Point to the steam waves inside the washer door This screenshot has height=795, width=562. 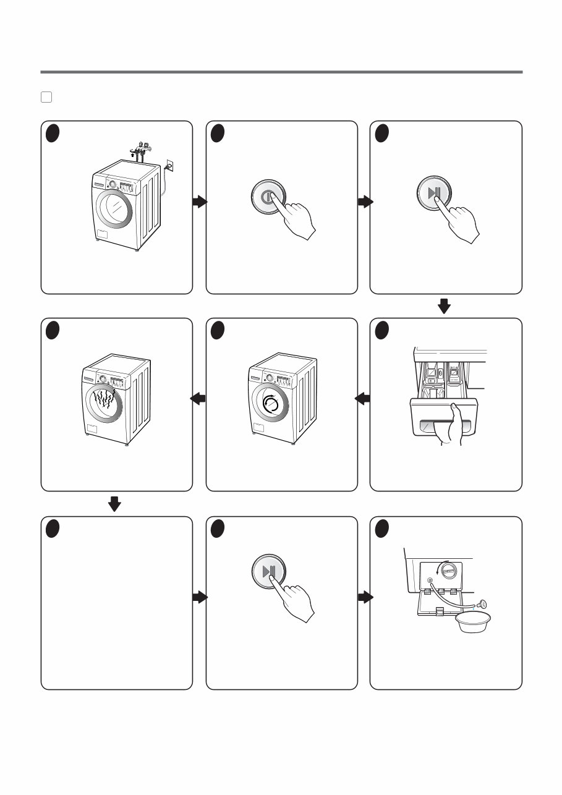point(103,402)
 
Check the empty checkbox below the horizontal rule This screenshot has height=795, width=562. point(46,96)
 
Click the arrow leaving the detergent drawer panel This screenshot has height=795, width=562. point(363,400)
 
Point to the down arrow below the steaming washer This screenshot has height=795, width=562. point(114,505)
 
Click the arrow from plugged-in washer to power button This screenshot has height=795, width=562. point(199,202)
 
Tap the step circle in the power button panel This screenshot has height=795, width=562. point(217,133)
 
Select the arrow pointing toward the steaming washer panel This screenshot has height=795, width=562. point(198,400)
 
